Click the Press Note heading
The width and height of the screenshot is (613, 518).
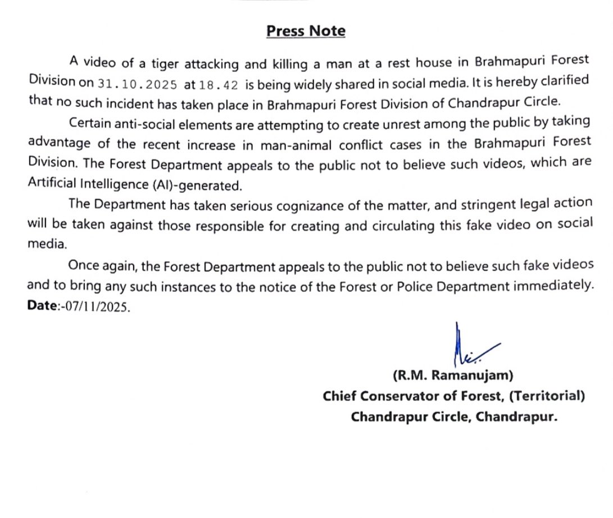306,31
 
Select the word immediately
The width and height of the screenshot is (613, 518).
553,285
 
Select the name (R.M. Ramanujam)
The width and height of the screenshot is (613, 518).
453,375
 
